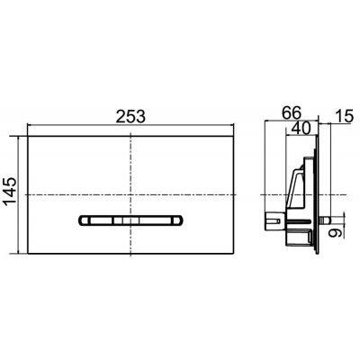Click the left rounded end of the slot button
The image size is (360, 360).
(85, 219)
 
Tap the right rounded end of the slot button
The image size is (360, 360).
(181, 219)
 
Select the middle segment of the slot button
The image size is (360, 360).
(132, 219)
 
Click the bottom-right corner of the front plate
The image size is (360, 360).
(236, 253)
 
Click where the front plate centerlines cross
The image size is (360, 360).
(132, 194)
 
